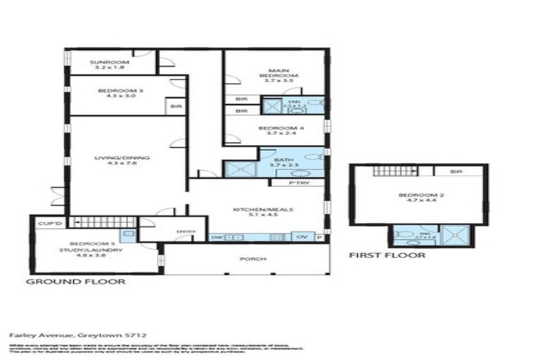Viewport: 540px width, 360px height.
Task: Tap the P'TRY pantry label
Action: click(297, 183)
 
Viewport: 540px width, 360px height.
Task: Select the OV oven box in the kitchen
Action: click(303, 237)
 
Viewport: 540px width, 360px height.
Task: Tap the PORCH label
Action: click(247, 259)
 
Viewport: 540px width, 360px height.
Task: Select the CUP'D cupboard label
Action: click(46, 223)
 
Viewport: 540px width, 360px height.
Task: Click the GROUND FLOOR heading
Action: click(75, 281)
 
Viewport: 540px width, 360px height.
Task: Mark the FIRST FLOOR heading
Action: click(387, 255)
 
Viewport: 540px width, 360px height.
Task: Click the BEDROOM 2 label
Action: click(417, 195)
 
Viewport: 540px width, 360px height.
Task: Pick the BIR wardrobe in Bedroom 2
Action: click(456, 171)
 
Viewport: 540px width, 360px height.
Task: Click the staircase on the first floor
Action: click(386, 171)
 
